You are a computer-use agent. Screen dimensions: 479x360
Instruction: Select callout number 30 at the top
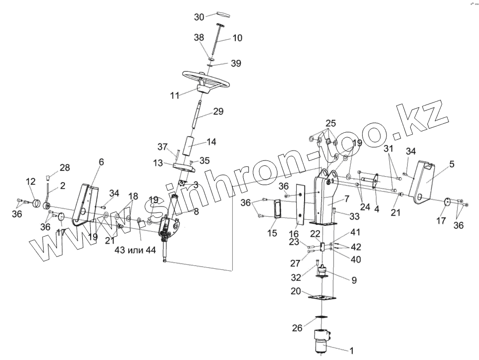pyautogui.click(x=199, y=17)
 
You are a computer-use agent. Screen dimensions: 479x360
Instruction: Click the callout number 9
pyautogui.click(x=354, y=280)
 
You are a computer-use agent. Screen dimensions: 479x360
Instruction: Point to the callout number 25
pyautogui.click(x=331, y=122)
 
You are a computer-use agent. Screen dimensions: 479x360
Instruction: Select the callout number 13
pyautogui.click(x=158, y=163)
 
